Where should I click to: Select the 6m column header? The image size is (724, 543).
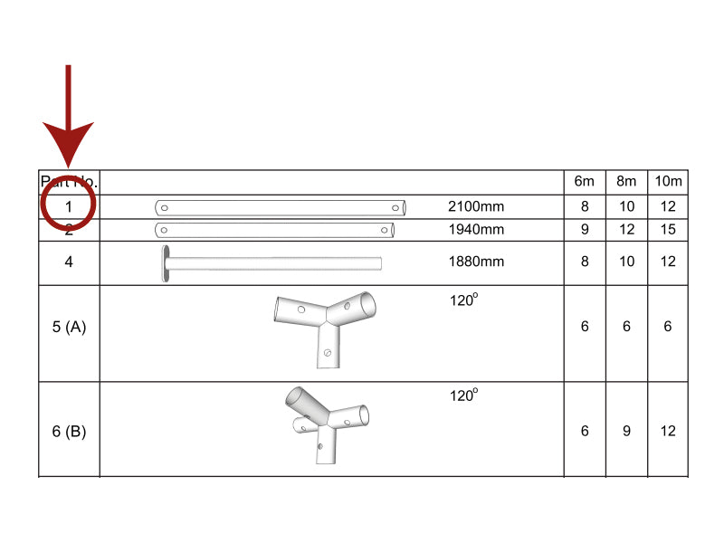tap(585, 182)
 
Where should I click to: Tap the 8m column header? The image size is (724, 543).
tap(626, 182)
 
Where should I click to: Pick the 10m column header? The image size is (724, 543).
tap(668, 182)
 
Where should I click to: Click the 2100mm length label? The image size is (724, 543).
tap(476, 206)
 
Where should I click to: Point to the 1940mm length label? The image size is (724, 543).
tap(476, 230)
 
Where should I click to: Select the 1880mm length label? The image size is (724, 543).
tap(476, 262)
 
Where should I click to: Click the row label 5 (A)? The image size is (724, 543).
tap(69, 327)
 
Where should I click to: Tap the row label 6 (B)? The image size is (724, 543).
tap(69, 432)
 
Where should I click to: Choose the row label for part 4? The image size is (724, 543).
tap(69, 262)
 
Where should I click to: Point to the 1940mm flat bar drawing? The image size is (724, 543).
tap(275, 230)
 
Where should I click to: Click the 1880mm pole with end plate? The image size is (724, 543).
tap(271, 263)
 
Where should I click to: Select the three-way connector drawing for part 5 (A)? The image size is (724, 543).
tap(325, 325)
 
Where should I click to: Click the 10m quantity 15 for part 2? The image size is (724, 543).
tap(668, 230)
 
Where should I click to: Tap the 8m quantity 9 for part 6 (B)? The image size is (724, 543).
tap(626, 432)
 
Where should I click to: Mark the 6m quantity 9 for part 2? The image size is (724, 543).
tap(585, 230)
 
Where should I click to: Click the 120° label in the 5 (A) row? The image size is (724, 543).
tap(463, 300)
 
